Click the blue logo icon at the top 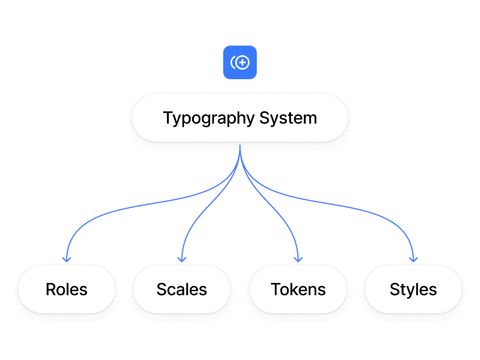tap(240, 62)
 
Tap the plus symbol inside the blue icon tap(244, 62)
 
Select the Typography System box tap(240, 118)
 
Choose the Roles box tap(67, 289)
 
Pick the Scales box tap(182, 289)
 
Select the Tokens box tap(298, 289)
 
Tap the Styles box tap(413, 289)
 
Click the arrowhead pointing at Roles tap(67, 259)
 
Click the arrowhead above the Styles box tap(413, 259)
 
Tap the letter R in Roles tap(50, 289)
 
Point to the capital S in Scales tap(161, 289)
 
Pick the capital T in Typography tap(167, 118)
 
